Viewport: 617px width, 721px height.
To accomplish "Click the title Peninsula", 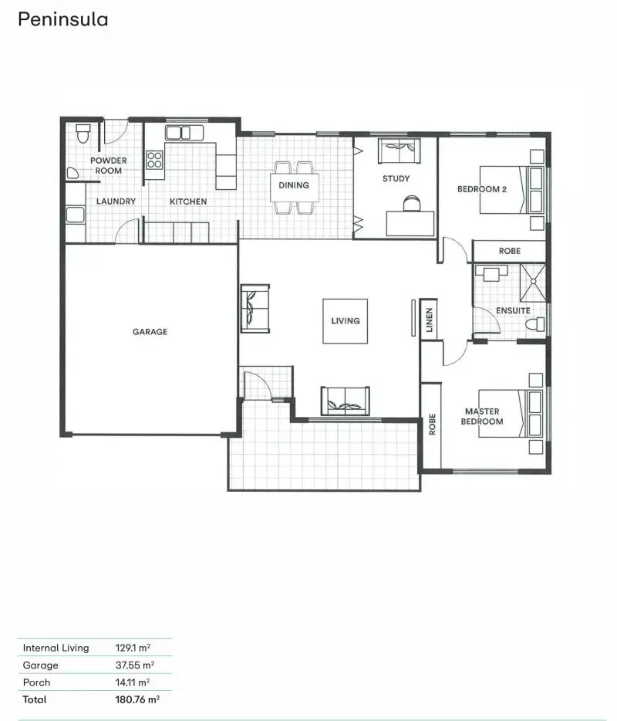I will (x=62, y=19).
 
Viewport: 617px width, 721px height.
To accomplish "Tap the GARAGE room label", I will (x=150, y=332).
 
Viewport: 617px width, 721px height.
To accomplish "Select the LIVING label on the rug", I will (x=345, y=321).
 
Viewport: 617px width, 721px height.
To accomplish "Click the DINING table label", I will (x=294, y=185).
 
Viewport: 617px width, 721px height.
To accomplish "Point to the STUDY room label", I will (x=396, y=178).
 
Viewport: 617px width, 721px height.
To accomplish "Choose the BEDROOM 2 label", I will (x=481, y=188).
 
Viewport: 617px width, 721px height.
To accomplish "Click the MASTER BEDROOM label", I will (x=482, y=416).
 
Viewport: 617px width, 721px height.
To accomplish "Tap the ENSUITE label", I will (x=513, y=311).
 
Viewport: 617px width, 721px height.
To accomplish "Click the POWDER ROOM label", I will (x=108, y=165).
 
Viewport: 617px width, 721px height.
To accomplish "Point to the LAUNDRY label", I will (x=116, y=201).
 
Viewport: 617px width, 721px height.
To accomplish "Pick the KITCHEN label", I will (x=188, y=201).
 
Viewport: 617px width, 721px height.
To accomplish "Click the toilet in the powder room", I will (x=83, y=134).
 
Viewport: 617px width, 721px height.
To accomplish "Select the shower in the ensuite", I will (x=532, y=282).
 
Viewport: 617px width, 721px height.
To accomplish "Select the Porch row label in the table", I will (x=37, y=682).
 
